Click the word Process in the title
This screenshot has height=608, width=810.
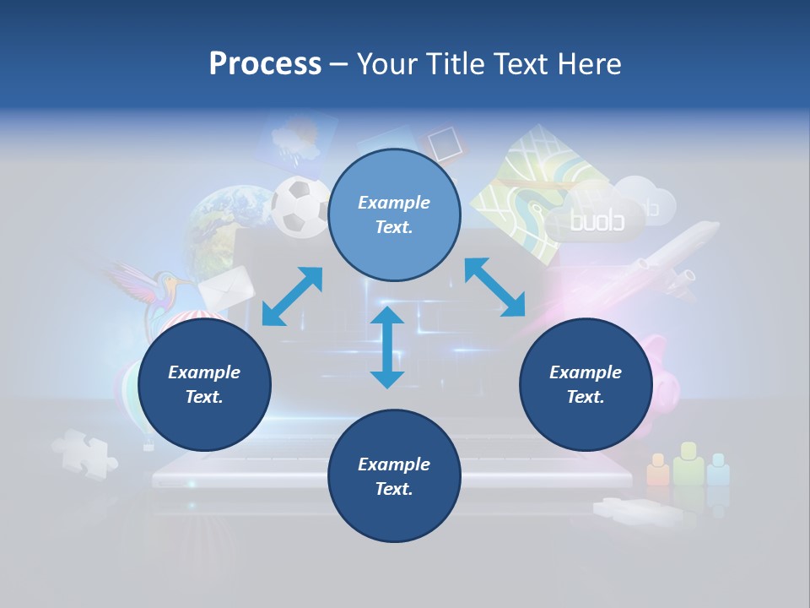(265, 64)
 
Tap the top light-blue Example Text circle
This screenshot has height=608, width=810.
(394, 215)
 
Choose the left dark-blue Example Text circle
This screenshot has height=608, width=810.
(204, 385)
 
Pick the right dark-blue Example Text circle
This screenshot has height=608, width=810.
(586, 385)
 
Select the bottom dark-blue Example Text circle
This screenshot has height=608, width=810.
(394, 476)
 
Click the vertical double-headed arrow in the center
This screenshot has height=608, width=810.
(387, 348)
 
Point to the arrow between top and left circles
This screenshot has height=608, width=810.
(292, 296)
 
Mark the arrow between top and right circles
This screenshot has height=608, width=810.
(494, 287)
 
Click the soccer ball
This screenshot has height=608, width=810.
(300, 206)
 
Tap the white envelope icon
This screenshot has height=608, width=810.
(227, 287)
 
